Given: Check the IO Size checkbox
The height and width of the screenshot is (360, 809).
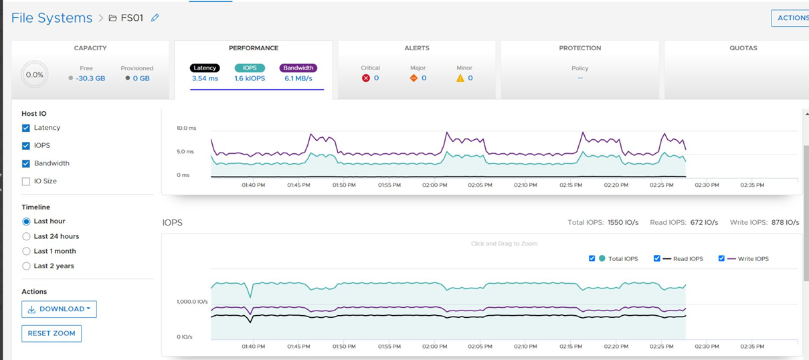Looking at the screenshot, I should pos(26,181).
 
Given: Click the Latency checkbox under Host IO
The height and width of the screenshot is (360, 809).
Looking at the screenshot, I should pos(26,128).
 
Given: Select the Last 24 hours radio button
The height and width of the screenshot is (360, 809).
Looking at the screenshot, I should pos(27,236).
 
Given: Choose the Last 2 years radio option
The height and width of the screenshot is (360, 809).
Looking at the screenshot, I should pos(27,266).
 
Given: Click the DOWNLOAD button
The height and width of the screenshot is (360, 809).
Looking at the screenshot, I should pos(59,309).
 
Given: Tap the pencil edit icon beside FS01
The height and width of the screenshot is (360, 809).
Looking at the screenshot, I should pos(155,18).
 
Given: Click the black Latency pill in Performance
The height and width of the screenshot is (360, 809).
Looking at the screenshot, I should pos(204,68).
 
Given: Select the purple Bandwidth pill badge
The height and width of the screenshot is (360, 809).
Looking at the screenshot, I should pos(298,68).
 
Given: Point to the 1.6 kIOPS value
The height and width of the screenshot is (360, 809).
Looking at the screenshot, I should pos(250,78).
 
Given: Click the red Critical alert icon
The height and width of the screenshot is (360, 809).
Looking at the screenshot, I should pos(366,78).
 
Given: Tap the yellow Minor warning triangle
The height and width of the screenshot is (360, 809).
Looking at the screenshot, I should pos(460,78).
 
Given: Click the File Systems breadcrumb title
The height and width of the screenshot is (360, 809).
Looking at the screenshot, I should pos(52,18).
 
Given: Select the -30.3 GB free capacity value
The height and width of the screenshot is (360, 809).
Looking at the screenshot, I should pos(90,78).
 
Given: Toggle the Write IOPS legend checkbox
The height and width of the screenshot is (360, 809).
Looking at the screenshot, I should pos(721,258).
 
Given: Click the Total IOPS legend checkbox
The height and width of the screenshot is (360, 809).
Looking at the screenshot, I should pos(592,258).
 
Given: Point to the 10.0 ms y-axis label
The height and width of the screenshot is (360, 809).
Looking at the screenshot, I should pos(186,128).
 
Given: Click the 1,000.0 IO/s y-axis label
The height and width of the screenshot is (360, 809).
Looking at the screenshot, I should pos(192,302).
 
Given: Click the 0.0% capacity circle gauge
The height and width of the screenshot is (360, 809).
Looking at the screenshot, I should pos(34,75).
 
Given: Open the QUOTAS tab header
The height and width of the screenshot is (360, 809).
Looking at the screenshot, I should pos(743,48).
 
